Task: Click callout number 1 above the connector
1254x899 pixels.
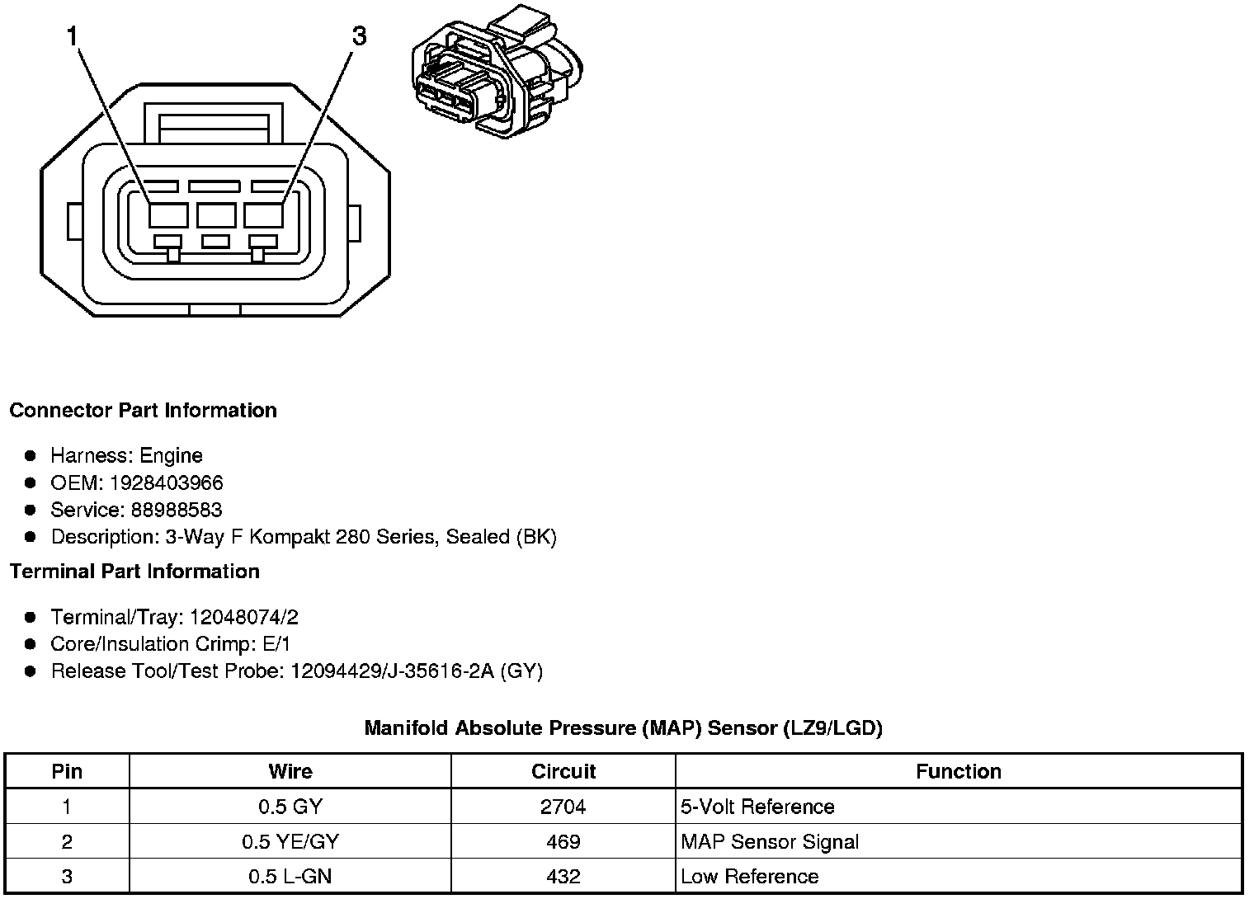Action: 73,36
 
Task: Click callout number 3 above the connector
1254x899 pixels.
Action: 359,36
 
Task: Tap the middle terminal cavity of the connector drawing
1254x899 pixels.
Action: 216,215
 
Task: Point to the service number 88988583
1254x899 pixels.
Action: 177,510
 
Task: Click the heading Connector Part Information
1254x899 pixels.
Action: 143,411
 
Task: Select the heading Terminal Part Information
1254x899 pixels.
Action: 134,572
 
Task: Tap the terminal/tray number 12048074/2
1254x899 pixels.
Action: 243,617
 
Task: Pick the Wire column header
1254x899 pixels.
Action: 290,771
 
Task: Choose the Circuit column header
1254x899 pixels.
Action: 563,771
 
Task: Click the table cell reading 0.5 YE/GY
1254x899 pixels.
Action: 290,841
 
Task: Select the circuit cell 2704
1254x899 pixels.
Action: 563,807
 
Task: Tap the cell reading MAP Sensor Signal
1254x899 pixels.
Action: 770,841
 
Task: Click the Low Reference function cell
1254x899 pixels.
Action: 750,877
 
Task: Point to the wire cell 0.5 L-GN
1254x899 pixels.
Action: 290,877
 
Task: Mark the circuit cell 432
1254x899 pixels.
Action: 563,877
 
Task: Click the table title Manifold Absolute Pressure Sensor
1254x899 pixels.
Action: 623,728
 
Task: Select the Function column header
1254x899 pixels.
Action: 959,771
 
